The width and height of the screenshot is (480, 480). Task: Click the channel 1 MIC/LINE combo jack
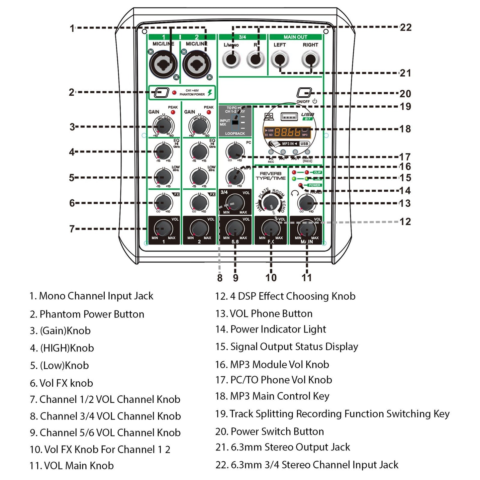pos(163,64)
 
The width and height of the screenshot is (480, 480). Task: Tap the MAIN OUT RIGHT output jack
pos(310,59)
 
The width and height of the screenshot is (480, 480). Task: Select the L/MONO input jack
pos(231,60)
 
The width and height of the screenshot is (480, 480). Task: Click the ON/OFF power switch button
pos(304,93)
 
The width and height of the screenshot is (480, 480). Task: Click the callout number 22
pos(406,27)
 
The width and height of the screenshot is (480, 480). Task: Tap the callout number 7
pos(72,229)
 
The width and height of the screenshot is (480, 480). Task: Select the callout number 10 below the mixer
pos(271,278)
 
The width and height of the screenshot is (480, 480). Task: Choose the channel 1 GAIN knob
pos(163,126)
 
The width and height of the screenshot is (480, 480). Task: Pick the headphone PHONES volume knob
pos(307,202)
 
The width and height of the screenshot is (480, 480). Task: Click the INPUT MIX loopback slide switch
pos(235,122)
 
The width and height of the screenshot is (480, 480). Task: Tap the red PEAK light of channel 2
pos(209,112)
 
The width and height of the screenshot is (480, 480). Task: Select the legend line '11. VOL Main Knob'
pos(71,466)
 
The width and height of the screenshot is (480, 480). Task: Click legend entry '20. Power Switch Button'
pos(269,432)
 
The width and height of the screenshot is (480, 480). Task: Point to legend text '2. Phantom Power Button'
pos(87,314)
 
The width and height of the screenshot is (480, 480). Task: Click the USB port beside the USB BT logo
pos(289,117)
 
